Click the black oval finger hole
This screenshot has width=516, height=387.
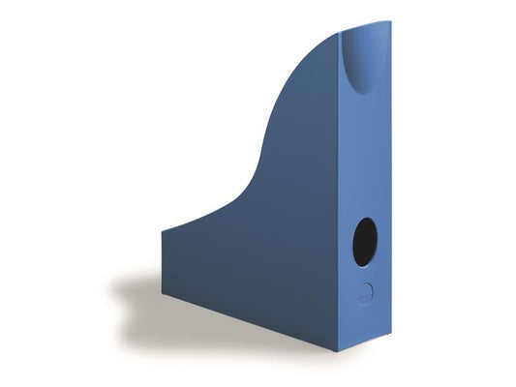pyautogui.click(x=366, y=241)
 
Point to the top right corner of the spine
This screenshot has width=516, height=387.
pyautogui.click(x=390, y=20)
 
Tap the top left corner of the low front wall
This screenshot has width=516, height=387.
pyautogui.click(x=163, y=230)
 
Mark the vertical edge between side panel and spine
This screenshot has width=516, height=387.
pyautogui.click(x=341, y=193)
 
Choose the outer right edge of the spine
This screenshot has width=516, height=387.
pyautogui.click(x=389, y=174)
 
